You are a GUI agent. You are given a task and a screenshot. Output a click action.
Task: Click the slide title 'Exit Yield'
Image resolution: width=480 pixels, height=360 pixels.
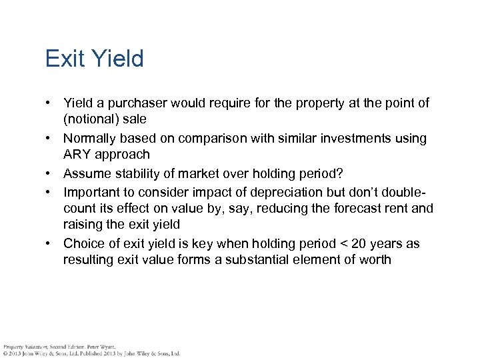coord(94,59)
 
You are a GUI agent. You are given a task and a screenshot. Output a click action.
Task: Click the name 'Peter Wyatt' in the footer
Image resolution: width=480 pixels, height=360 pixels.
coord(101,347)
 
